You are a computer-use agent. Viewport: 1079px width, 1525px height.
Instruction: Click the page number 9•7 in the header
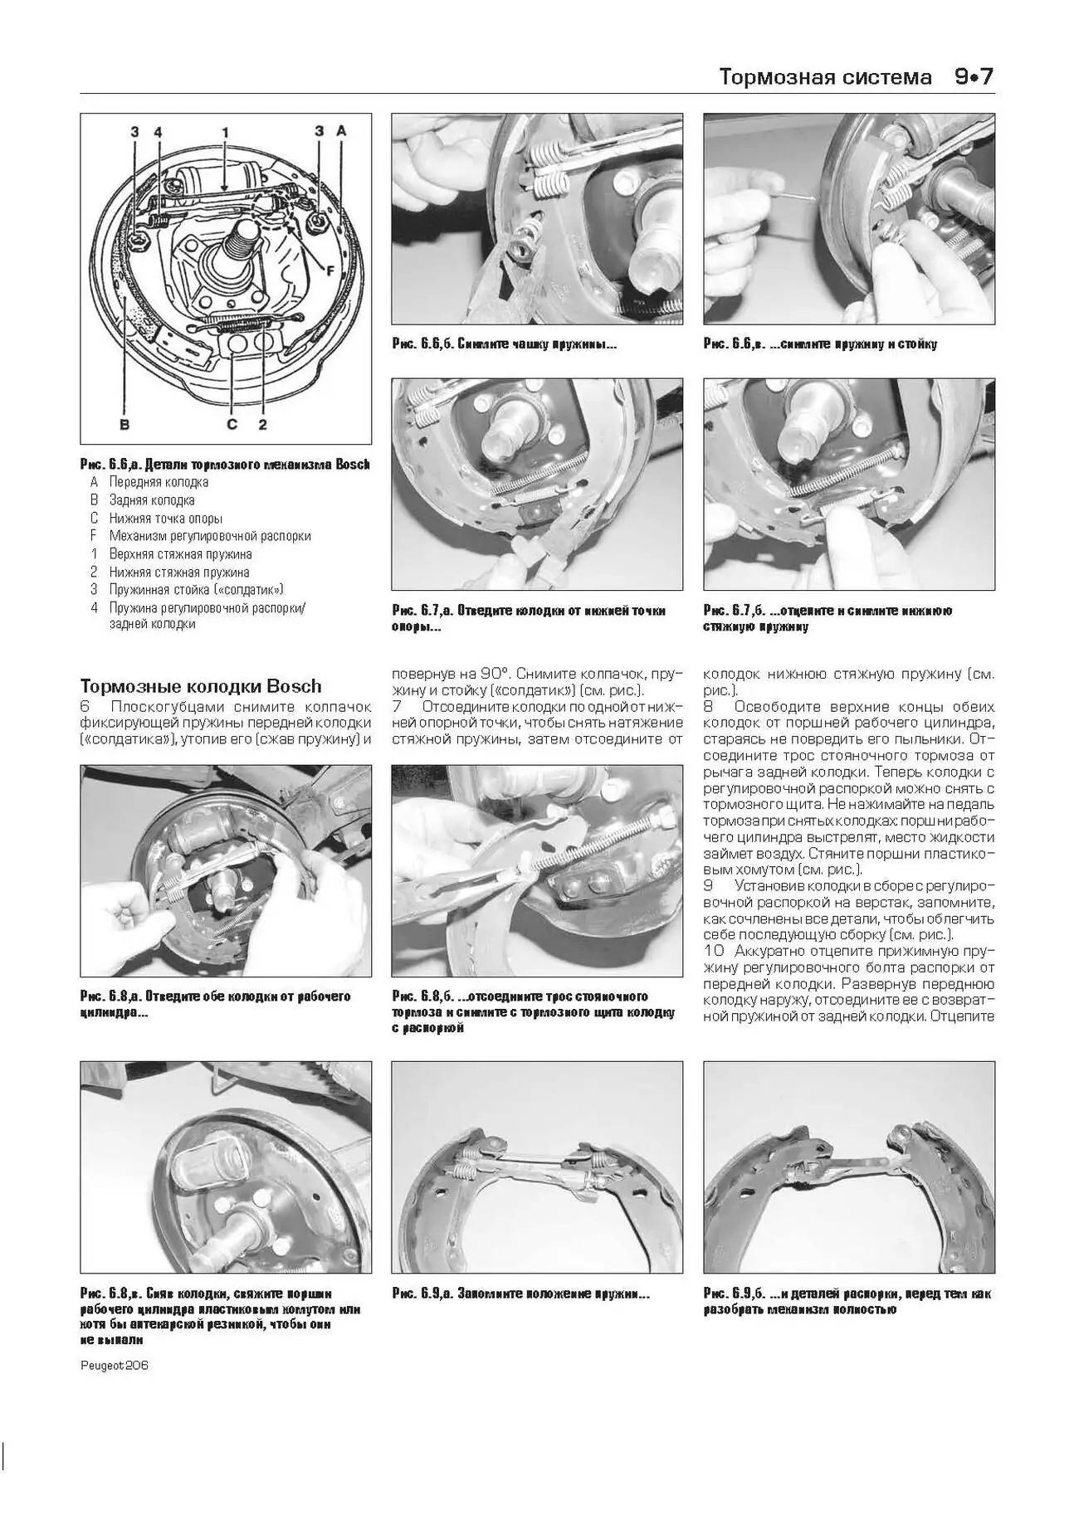click(973, 77)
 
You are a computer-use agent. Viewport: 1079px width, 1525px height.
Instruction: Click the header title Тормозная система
click(825, 78)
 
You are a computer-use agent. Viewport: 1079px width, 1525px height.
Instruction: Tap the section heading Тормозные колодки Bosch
click(200, 686)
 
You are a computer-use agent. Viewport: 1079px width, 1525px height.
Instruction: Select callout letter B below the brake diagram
click(124, 424)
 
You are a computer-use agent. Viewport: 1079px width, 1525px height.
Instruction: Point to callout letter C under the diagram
click(232, 424)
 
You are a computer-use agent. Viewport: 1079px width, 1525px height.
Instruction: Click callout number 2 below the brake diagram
click(262, 424)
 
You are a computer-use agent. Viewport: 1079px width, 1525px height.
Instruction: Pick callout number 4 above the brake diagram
click(158, 132)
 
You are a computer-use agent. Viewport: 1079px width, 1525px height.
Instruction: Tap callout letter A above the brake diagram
click(341, 131)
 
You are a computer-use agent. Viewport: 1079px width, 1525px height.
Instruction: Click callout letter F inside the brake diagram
click(330, 270)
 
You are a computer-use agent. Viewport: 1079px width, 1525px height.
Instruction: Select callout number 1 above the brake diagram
click(224, 132)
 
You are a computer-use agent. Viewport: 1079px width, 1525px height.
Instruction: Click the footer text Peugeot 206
click(115, 1365)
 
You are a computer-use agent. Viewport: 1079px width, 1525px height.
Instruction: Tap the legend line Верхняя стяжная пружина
click(180, 553)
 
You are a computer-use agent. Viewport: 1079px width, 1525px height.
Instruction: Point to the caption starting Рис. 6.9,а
click(520, 1294)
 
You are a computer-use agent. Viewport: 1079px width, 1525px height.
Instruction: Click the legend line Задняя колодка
click(152, 499)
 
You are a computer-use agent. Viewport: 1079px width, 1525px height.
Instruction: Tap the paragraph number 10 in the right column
click(714, 951)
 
